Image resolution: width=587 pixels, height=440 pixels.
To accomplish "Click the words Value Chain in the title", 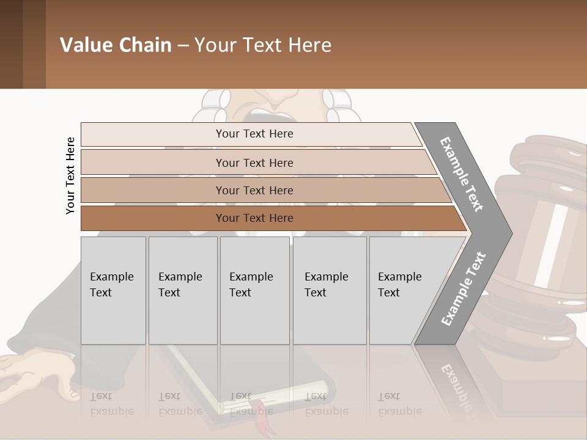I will (116, 45).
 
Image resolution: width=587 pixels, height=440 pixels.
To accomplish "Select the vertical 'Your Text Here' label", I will (70, 175).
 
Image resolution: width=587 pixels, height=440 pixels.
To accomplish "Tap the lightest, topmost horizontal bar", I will (254, 134).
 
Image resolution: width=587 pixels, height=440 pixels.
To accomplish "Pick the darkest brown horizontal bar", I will (254, 218).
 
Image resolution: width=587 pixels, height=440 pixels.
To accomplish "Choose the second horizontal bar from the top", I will (254, 163).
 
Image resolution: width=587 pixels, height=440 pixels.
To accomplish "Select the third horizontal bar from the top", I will (254, 190).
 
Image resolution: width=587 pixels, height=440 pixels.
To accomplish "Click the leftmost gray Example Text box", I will (113, 290).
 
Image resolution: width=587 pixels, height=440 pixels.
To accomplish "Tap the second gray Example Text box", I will (182, 290).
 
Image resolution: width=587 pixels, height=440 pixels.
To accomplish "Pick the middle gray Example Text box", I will (254, 290).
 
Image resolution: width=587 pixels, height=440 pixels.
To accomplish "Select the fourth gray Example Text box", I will (330, 290).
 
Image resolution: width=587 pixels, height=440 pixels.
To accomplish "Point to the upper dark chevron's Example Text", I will (462, 174).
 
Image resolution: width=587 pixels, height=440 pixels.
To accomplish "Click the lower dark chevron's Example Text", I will (463, 288).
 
